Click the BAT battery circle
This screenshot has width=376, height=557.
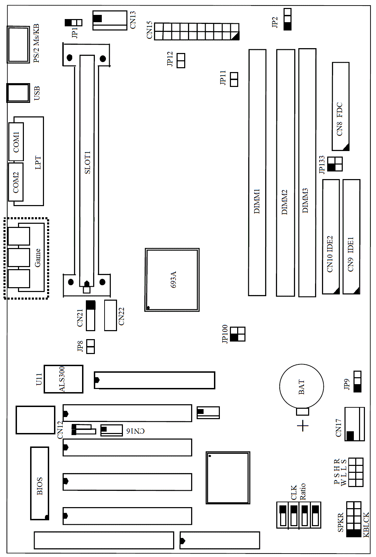pos(301,386)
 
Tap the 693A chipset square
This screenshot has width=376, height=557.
pos(172,280)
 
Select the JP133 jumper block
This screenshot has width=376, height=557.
pos(335,164)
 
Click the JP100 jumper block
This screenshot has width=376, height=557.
pos(237,334)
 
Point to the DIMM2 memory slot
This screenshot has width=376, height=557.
pos(285,173)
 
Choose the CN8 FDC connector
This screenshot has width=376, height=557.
pos(340,106)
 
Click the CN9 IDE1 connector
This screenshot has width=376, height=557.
pos(351,237)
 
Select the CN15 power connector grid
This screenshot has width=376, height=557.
pos(197,32)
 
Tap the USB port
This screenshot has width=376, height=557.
pos(18,93)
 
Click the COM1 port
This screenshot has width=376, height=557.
pos(16,141)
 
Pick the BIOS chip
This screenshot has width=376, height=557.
pos(39,483)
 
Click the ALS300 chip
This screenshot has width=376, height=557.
pos(63,379)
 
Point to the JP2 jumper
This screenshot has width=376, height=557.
pos(287,19)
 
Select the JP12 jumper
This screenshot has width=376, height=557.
pos(181,60)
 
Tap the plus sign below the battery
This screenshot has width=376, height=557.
pos(303,426)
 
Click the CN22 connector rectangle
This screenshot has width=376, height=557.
pos(110,315)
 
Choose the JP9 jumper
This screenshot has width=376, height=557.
pos(357,381)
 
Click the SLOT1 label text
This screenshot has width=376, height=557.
pos(88,162)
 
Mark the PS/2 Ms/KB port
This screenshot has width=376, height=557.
pos(18,44)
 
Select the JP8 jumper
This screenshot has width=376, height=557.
pos(90,346)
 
